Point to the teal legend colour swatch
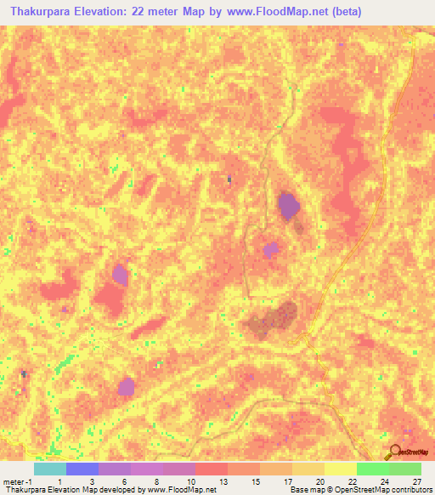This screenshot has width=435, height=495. (x=49, y=469)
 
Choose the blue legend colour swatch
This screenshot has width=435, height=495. (x=82, y=469)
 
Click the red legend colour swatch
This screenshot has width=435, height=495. (x=211, y=469)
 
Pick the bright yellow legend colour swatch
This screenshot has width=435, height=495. (x=340, y=469)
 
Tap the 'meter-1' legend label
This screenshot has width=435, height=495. (x=16, y=481)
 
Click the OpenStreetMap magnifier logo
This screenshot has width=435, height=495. (x=394, y=452)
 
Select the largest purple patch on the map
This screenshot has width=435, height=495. (x=289, y=205)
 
